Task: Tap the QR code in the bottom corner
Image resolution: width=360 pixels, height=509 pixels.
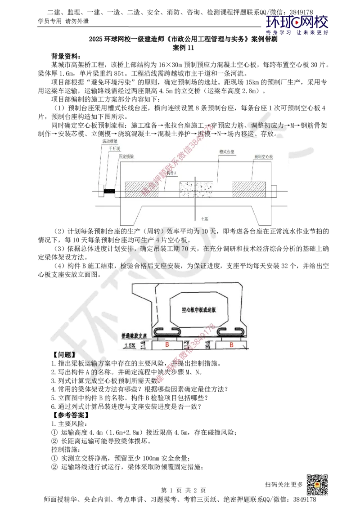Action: point(316,485)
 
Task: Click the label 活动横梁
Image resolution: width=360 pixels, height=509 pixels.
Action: point(110,141)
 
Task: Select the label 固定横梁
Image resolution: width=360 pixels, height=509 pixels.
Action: point(126,156)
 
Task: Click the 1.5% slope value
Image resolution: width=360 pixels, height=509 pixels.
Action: point(130,345)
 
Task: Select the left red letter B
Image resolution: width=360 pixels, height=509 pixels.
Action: point(167,345)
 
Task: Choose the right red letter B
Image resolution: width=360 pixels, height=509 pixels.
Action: point(231,345)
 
